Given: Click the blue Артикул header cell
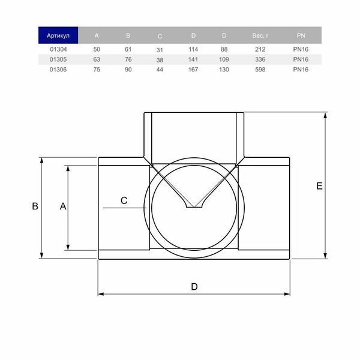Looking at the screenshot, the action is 58,35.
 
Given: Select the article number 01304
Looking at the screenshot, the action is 58,49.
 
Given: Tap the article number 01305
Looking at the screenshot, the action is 58,59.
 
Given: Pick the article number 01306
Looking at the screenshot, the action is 58,70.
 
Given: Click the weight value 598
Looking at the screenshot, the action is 260,70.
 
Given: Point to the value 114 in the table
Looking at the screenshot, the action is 193,49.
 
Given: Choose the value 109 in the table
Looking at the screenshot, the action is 224,59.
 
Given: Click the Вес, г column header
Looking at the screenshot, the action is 260,35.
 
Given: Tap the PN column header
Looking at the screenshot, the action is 301,35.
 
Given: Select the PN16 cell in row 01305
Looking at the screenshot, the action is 301,59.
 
